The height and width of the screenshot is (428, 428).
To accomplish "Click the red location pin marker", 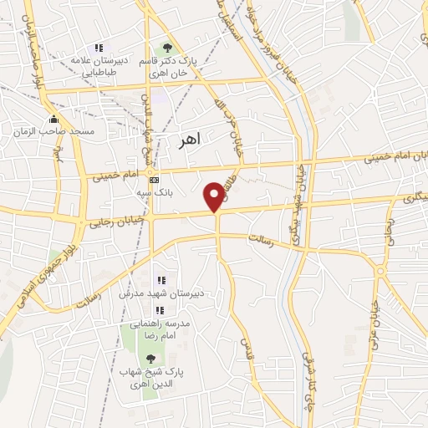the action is pyautogui.click(x=216, y=196).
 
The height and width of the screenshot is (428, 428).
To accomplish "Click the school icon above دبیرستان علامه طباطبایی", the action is pyautogui.click(x=99, y=48).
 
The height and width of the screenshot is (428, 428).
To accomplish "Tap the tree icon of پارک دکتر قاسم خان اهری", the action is pyautogui.click(x=167, y=48).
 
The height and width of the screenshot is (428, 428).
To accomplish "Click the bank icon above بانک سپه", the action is pyautogui.click(x=154, y=179).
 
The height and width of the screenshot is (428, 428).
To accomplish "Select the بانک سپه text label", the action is pyautogui.click(x=154, y=192).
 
